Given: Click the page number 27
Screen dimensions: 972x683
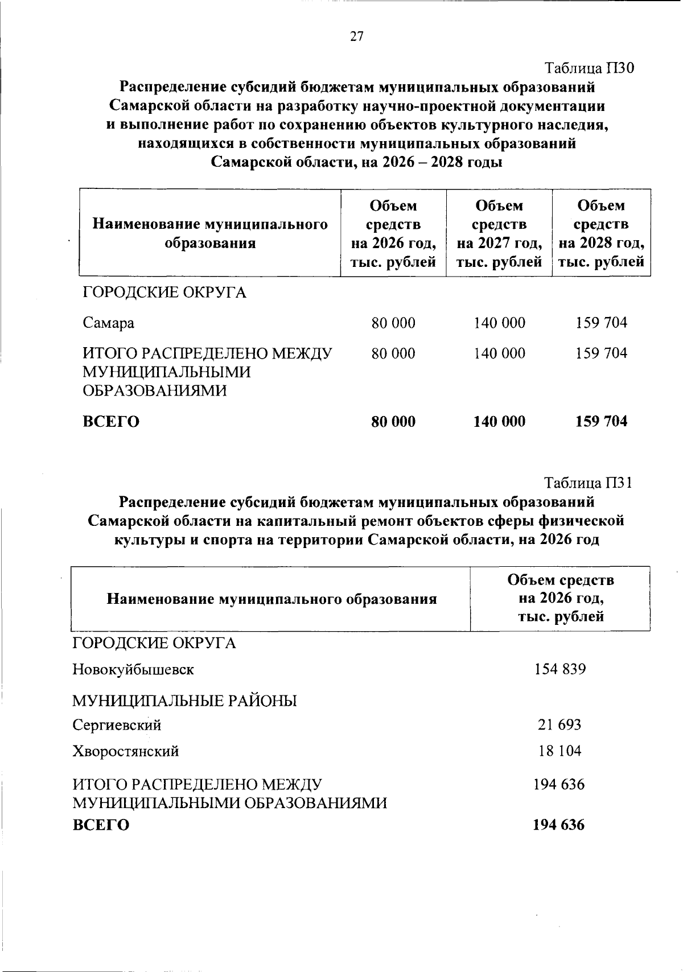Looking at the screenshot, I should click(x=356, y=37).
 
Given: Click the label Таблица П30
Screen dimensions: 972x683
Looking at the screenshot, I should click(x=589, y=68).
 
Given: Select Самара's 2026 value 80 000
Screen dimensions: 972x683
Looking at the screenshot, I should click(x=393, y=323).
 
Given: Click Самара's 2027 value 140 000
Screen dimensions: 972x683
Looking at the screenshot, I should click(x=499, y=323).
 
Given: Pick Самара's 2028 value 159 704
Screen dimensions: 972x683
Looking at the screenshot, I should click(x=601, y=323).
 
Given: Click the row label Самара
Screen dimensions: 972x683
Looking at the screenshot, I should click(x=109, y=323).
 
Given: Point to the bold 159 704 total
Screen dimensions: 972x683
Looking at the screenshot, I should click(x=601, y=422).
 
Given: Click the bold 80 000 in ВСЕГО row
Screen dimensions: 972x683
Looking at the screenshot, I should click(x=393, y=422).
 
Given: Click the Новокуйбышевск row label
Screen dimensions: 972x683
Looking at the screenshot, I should click(x=133, y=670).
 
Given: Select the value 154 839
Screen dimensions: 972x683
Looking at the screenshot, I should click(x=560, y=669).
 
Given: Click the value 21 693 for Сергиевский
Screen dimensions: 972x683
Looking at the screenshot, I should click(x=560, y=725).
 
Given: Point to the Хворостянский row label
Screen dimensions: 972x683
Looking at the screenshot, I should click(x=126, y=751).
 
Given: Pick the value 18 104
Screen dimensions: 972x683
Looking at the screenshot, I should click(x=560, y=751).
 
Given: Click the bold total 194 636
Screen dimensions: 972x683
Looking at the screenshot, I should click(x=558, y=825).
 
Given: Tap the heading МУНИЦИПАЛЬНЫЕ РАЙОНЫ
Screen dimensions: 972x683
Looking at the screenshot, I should click(x=184, y=701).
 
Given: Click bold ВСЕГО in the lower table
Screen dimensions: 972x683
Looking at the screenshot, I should click(x=101, y=825).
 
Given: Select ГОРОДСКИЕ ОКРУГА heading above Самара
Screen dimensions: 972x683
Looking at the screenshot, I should click(x=164, y=293).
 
